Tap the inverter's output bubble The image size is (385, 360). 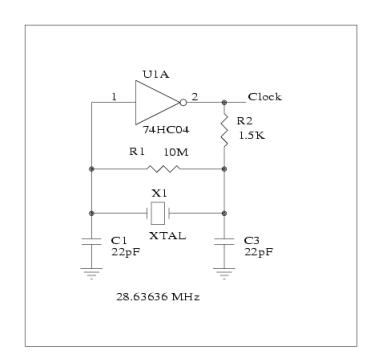pos(183,102)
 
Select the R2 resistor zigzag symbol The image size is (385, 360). pos(224,130)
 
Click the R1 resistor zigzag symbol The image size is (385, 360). pos(163,169)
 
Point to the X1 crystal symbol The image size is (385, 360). pos(158,213)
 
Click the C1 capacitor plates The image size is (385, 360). pos(91,242)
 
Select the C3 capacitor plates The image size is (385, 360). pos(224,242)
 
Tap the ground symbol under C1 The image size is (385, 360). pos(91,273)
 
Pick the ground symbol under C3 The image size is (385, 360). pos(224,273)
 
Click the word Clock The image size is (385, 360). pos(265,97)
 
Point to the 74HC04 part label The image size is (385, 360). pos(166,130)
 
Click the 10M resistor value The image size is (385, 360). pos(176,152)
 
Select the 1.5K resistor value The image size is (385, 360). pos(252,135)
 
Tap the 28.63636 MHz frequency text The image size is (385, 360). pos(158,296)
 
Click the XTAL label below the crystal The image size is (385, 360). pos(167,236)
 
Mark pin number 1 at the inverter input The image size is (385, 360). pos(114,97)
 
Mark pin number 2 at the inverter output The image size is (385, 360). pos(195,97)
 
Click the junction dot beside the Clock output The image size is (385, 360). pos(224,102)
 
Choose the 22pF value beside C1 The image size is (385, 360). pos(126,252)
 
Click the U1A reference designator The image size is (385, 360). pos(156,74)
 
